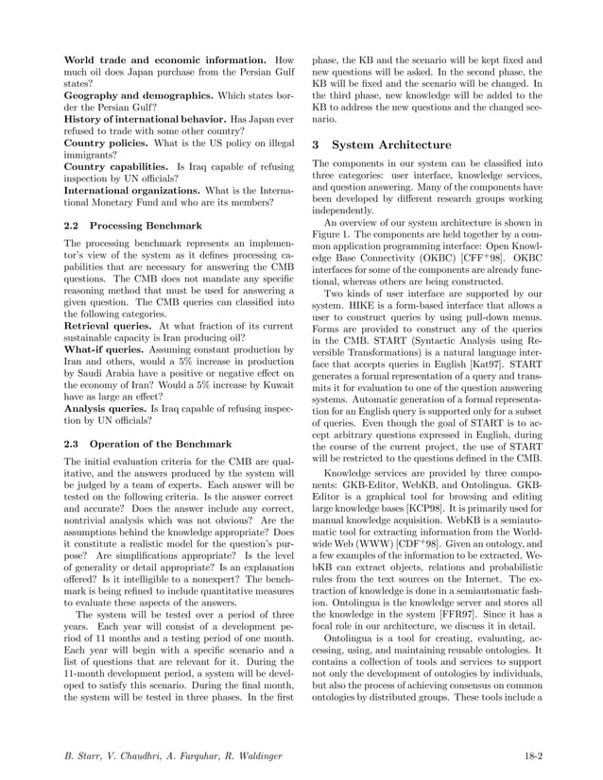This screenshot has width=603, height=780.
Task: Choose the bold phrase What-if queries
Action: pos(100,348)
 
